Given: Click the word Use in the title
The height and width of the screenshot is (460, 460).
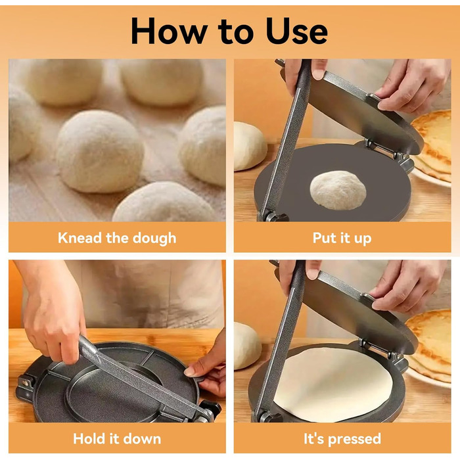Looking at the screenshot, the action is click(x=296, y=31).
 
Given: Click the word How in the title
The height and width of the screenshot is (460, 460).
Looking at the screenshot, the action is click(x=170, y=31).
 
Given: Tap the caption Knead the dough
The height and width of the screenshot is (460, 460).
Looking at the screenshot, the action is click(x=117, y=238).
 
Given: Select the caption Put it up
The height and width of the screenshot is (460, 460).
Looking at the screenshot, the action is click(x=342, y=238).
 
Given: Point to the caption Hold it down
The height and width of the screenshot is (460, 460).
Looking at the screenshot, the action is click(x=117, y=439).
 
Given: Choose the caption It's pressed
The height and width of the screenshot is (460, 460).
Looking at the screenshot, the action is click(x=342, y=439).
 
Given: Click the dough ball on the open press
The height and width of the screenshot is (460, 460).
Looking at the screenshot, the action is click(x=338, y=190).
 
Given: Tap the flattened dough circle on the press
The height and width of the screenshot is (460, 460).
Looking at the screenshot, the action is click(x=333, y=384).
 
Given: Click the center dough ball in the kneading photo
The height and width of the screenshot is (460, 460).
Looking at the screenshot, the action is click(x=100, y=151).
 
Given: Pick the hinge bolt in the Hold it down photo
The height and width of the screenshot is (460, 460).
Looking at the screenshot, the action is click(x=26, y=382).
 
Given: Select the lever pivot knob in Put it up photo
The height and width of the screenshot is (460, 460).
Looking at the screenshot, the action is click(x=273, y=216).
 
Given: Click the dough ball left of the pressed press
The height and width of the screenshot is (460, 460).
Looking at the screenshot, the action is click(x=247, y=346).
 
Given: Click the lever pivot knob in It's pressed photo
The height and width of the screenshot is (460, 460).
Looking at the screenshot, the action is click(x=267, y=417).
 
